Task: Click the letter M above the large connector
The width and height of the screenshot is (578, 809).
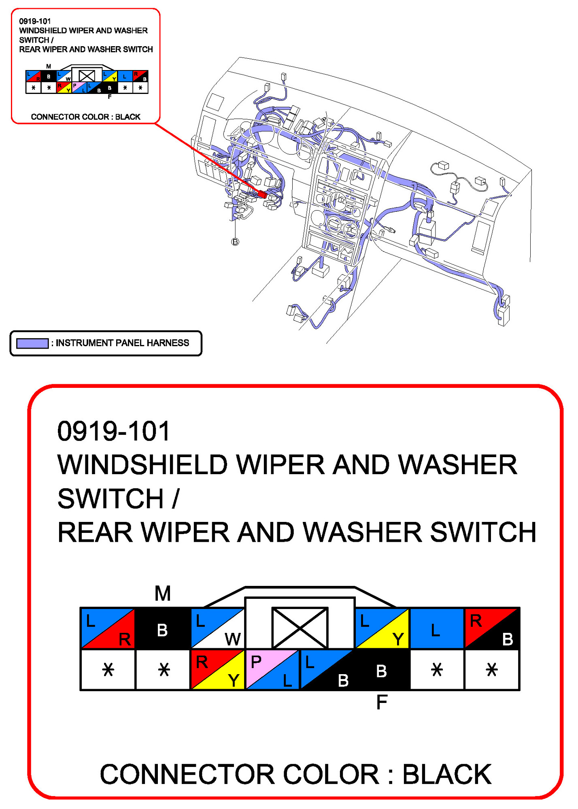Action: tap(163, 594)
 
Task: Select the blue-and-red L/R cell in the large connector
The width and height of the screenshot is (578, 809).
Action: tap(108, 628)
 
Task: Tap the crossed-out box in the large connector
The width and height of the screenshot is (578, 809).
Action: tap(300, 627)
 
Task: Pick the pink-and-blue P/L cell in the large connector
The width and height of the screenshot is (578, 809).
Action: tap(272, 670)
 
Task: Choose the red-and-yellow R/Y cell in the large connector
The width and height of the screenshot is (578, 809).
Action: tap(218, 670)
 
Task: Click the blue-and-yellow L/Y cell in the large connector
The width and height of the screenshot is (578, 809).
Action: tap(382, 628)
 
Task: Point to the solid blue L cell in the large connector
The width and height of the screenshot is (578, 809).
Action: tap(437, 628)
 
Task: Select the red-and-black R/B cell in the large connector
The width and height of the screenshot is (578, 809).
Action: tap(492, 628)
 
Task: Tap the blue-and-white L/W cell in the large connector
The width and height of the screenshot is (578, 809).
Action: tap(218, 628)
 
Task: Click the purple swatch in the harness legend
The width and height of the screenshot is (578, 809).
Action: tap(32, 343)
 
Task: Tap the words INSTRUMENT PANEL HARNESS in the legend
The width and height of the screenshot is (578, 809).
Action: tap(122, 343)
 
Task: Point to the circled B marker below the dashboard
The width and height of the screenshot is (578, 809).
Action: tap(235, 242)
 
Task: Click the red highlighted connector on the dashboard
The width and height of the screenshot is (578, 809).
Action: tap(262, 194)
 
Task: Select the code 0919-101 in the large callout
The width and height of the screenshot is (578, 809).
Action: tap(114, 431)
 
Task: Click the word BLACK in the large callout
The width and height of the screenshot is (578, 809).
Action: tap(447, 774)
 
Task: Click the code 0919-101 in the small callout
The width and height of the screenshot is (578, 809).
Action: tap(35, 21)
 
